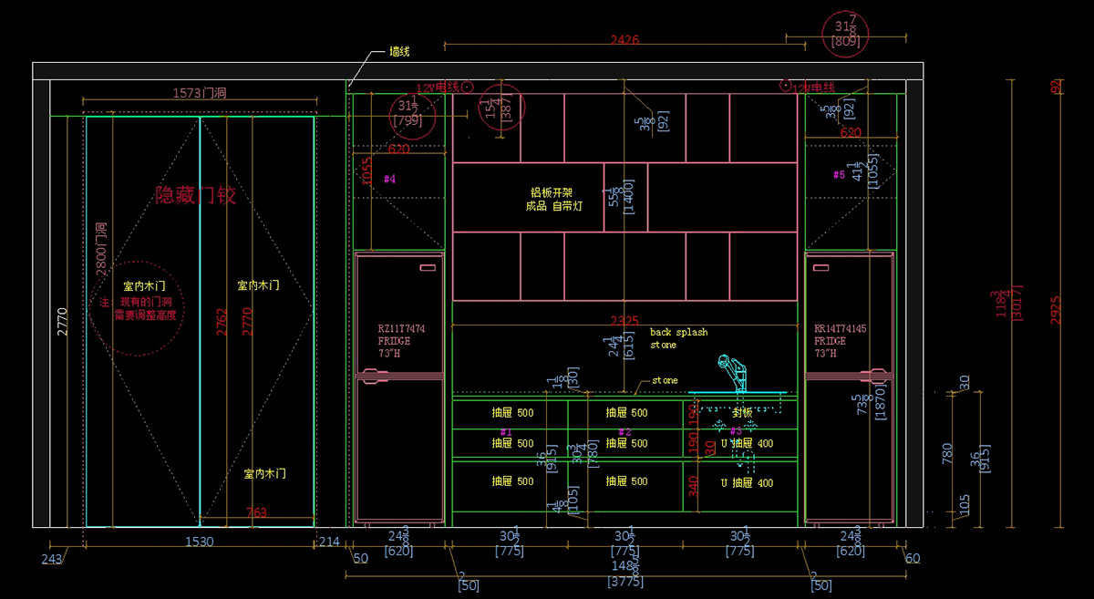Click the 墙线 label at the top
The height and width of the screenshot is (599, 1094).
(399, 52)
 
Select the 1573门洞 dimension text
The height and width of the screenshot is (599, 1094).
(199, 92)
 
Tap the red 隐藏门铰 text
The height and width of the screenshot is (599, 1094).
(196, 195)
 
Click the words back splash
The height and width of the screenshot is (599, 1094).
(678, 332)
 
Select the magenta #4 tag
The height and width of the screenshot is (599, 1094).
(389, 180)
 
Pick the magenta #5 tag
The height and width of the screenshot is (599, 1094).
(839, 174)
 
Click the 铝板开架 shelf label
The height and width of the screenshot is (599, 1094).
(552, 192)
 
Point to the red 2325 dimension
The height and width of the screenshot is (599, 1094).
(624, 321)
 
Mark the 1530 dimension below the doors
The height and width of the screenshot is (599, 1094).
(199, 542)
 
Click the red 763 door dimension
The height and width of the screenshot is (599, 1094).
(257, 513)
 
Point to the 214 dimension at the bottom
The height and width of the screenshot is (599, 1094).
(328, 542)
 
